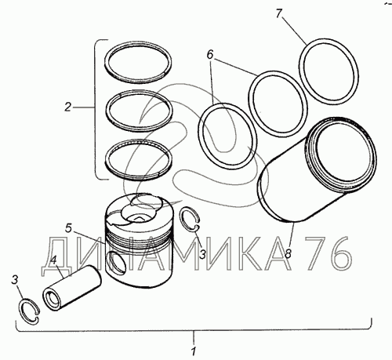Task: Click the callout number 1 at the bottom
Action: tap(194, 351)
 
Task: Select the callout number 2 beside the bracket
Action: tap(68, 107)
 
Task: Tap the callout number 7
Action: tap(278, 13)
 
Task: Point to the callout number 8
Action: tap(288, 253)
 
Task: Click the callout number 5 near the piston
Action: tap(68, 228)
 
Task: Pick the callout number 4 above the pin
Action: tap(53, 260)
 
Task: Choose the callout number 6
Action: tap(210, 55)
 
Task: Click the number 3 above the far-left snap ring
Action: tap(15, 280)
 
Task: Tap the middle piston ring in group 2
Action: tap(110, 110)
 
